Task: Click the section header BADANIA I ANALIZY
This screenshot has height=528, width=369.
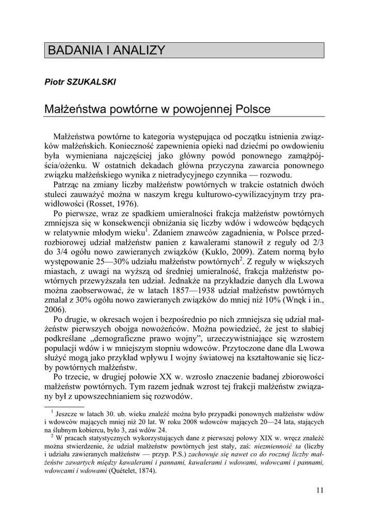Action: click(106, 51)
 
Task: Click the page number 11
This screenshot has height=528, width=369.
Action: click(320, 490)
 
